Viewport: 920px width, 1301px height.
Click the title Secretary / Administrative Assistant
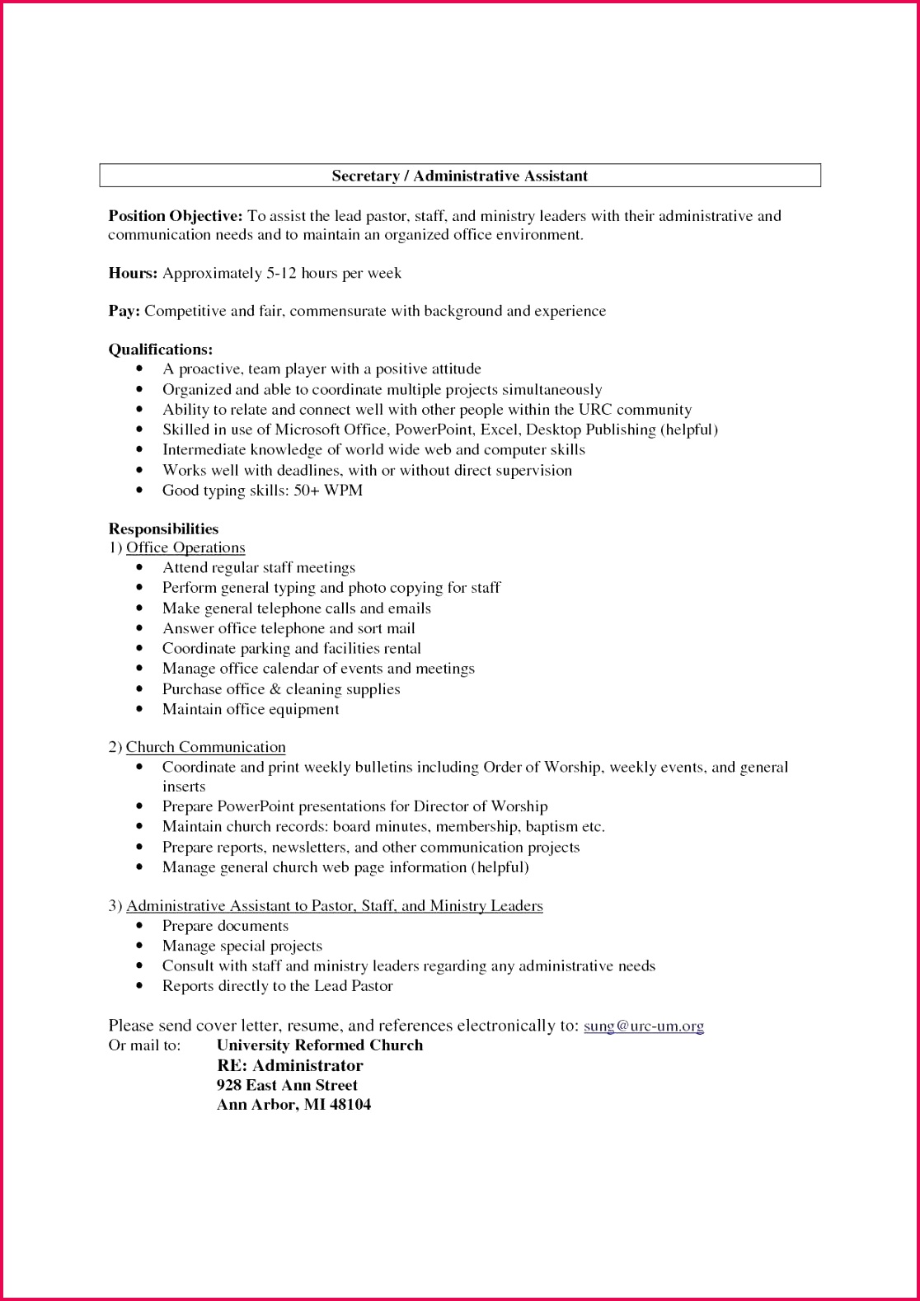459,176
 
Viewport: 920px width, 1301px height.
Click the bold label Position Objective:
176,216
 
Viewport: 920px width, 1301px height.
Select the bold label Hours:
133,273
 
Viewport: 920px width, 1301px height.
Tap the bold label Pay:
124,311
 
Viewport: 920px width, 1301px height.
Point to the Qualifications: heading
161,350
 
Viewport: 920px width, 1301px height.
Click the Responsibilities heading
163,528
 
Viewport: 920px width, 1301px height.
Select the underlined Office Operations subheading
185,547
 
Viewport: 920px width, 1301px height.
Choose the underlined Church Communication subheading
205,747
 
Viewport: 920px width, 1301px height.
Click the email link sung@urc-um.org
644,1026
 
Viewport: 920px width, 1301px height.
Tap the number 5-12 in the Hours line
281,273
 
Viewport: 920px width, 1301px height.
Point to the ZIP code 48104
350,1104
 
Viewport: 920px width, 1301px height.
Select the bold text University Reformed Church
319,1045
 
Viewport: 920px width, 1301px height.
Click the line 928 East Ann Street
287,1085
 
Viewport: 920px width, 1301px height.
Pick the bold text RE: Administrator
289,1065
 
